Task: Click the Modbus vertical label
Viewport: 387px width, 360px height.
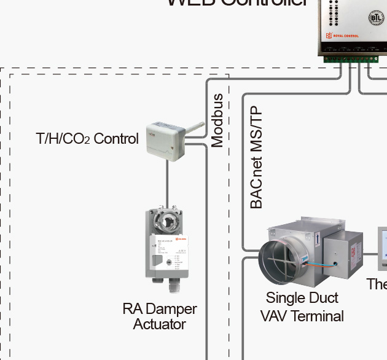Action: (x=217, y=120)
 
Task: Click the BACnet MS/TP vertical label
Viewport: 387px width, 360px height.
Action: (x=256, y=158)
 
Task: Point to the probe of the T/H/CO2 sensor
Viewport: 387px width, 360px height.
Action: (x=195, y=128)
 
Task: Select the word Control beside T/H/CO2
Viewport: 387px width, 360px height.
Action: (x=116, y=139)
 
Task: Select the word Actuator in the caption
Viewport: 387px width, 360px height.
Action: (x=159, y=324)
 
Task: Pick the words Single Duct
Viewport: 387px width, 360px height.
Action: (x=302, y=298)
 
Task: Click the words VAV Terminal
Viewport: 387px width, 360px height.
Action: (x=302, y=316)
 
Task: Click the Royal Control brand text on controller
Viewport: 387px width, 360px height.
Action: (x=347, y=36)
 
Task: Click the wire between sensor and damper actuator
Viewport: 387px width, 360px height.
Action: (x=166, y=184)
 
